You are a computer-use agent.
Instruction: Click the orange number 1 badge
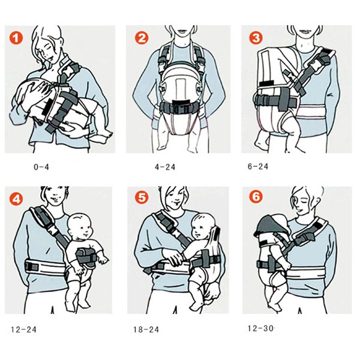16,38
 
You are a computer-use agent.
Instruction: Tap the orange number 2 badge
142,38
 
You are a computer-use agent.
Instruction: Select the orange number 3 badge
256,38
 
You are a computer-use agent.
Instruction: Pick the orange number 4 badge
16,199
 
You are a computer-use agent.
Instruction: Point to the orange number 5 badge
142,197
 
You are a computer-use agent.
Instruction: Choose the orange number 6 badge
256,197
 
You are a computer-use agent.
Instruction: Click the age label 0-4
41,167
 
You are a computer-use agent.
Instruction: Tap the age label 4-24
165,167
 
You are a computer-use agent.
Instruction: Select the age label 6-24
258,166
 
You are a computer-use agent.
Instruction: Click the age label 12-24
23,329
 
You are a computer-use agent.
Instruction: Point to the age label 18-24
146,329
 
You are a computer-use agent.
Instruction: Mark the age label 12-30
261,328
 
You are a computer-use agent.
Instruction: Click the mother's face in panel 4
55,196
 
